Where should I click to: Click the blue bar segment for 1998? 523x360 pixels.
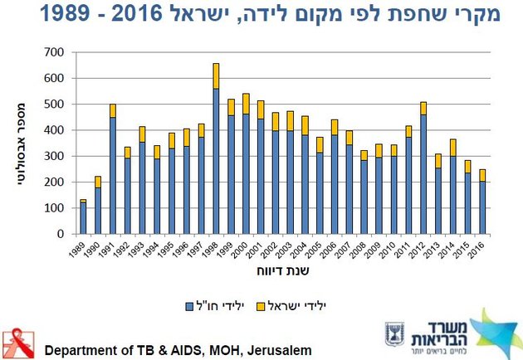pyautogui.click(x=216, y=161)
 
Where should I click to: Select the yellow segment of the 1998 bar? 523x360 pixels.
pyautogui.click(x=216, y=76)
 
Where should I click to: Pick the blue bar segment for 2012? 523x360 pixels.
pyautogui.click(x=423, y=174)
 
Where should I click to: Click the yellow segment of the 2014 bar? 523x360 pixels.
pyautogui.click(x=453, y=148)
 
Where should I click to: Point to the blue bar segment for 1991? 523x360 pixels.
pyautogui.click(x=113, y=176)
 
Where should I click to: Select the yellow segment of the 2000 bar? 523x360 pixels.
pyautogui.click(x=246, y=104)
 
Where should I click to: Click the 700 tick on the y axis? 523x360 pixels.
pyautogui.click(x=54, y=52)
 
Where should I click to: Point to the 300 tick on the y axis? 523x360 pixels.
pyautogui.click(x=54, y=156)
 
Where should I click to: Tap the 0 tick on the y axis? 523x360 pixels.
pyautogui.click(x=61, y=234)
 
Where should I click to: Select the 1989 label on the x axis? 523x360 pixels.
pyautogui.click(x=76, y=250)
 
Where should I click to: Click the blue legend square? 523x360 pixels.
pyautogui.click(x=189, y=306)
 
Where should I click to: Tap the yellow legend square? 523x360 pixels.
pyautogui.click(x=261, y=306)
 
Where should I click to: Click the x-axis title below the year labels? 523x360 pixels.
pyautogui.click(x=283, y=270)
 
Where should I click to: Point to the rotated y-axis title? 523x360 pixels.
pyautogui.click(x=21, y=144)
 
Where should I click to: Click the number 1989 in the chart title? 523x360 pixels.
pyautogui.click(x=65, y=13)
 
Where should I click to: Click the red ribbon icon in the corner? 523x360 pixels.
pyautogui.click(x=18, y=343)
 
